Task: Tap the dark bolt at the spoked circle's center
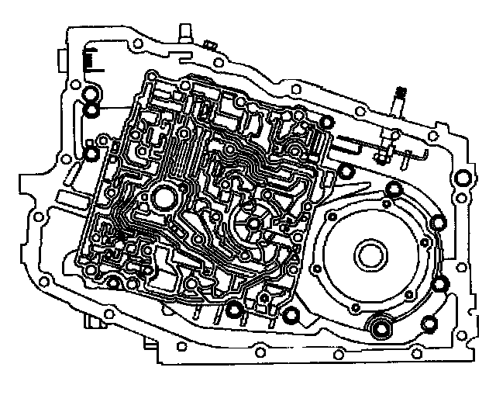(x=254, y=225)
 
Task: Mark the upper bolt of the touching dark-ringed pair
(x=91, y=96)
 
